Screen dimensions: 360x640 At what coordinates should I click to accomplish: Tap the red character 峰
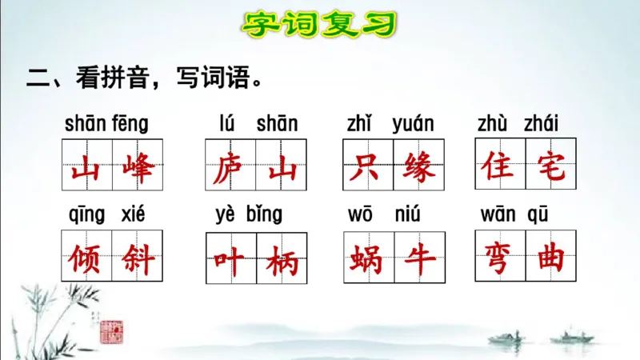coord(138,168)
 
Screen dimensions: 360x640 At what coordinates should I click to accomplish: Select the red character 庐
coord(230,169)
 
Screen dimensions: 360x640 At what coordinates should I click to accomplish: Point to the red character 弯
coord(499,258)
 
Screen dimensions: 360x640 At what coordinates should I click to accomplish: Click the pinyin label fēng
coord(131,124)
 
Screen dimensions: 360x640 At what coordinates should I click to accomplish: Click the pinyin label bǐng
coord(265,214)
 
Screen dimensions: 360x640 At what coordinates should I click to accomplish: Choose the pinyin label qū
coord(538,214)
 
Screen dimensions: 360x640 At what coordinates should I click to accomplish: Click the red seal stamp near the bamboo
coord(111,330)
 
